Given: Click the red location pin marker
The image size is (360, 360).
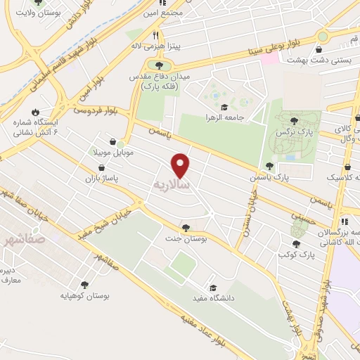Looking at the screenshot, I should point(181,165).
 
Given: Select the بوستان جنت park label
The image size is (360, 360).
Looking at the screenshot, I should point(186,239).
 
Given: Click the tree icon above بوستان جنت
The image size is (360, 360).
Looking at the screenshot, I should point(186,227).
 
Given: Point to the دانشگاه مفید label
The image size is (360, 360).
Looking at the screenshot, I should point(213,298).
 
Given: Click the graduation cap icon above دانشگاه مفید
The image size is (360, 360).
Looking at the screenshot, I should point(213,287).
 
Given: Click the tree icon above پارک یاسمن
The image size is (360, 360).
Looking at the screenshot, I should point(269,166).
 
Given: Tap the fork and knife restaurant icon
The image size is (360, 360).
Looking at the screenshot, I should point(155,34).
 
